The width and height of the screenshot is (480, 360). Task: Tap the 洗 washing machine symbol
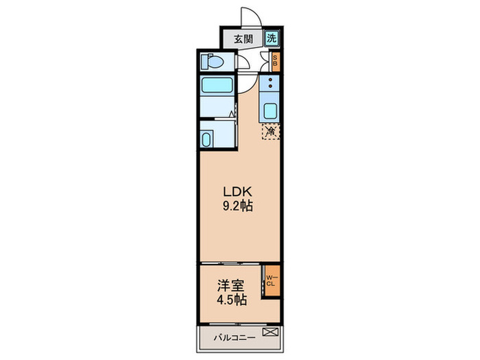(272, 38)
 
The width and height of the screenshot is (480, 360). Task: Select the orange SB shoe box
(275, 62)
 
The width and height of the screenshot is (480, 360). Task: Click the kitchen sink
(269, 110)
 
